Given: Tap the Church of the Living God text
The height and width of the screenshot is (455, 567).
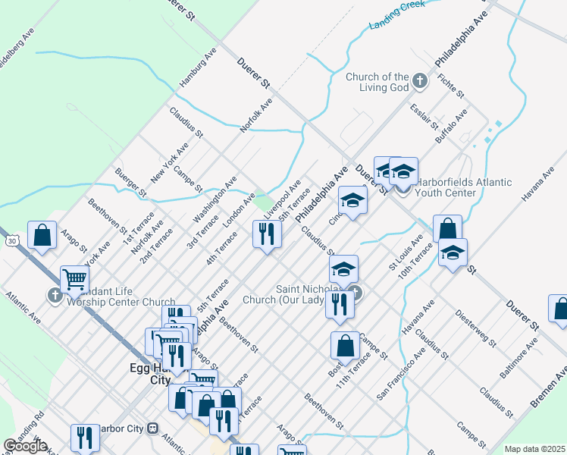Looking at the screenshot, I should coord(377,82).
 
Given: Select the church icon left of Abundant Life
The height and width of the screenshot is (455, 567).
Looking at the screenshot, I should coord(55,296).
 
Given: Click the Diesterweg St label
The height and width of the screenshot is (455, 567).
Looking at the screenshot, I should coord(475,327).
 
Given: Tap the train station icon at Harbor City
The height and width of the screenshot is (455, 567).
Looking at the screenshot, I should coord(153,428).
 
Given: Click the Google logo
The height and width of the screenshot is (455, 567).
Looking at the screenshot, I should coord(26,446).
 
